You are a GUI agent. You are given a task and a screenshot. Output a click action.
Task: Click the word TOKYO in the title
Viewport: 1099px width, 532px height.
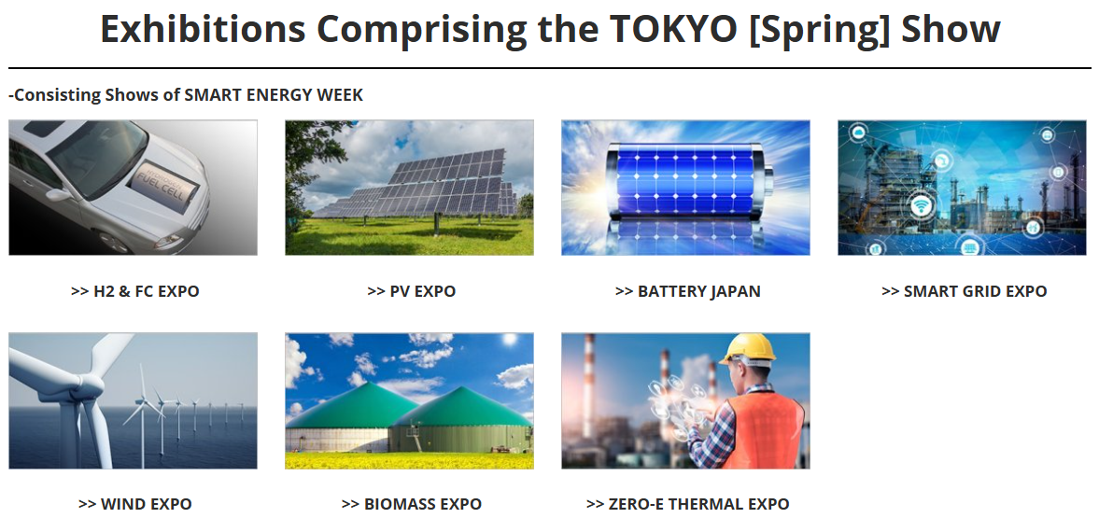pos(673,29)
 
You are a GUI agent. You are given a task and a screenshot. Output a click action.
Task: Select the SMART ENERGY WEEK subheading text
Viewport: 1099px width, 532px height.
pos(186,94)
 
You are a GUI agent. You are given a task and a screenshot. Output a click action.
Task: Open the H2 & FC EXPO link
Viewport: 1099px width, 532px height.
pos(135,291)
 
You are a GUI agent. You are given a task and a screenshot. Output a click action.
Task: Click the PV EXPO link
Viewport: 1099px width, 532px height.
pos(412,291)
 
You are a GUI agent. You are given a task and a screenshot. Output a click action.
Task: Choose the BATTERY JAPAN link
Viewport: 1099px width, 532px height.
pos(687,291)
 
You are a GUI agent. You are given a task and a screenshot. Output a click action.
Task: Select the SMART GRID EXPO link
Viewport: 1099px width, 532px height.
pos(964,291)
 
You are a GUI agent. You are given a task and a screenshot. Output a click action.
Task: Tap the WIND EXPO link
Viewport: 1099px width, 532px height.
pos(135,504)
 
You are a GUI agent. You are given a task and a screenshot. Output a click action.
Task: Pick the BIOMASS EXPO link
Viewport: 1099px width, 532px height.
pos(412,504)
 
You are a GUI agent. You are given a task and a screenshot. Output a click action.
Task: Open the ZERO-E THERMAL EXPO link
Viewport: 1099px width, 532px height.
pos(687,504)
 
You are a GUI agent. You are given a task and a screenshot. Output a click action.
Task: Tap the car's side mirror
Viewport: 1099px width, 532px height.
pos(59,194)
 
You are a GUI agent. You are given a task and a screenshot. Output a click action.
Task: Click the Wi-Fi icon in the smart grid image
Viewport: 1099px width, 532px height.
pos(923,206)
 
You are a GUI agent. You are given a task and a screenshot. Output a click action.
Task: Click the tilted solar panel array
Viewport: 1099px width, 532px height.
pos(417,184)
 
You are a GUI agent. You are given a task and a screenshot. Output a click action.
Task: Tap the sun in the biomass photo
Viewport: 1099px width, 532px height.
pos(510,340)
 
